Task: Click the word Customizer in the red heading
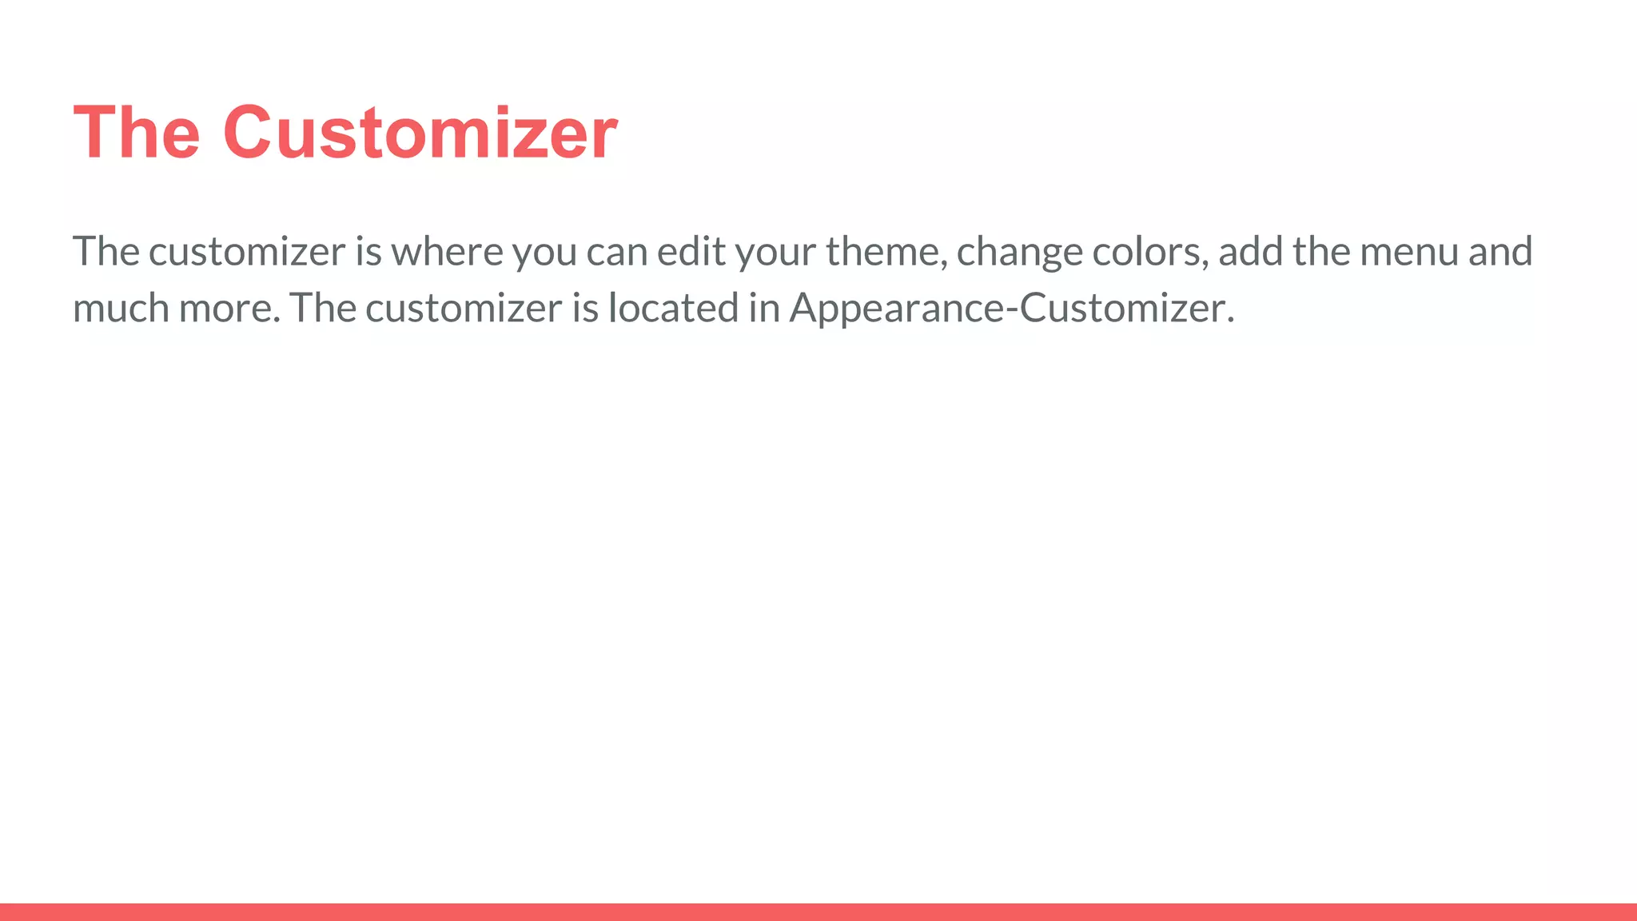pos(420,133)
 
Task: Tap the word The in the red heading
pos(136,133)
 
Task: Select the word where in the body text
pos(447,252)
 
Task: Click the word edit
pos(691,252)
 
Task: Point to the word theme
pos(886,252)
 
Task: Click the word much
pos(121,309)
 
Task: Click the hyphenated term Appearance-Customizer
pos(1011,309)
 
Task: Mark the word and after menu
pos(1500,252)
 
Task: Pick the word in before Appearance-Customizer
pos(764,309)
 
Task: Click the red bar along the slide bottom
pos(818,912)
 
